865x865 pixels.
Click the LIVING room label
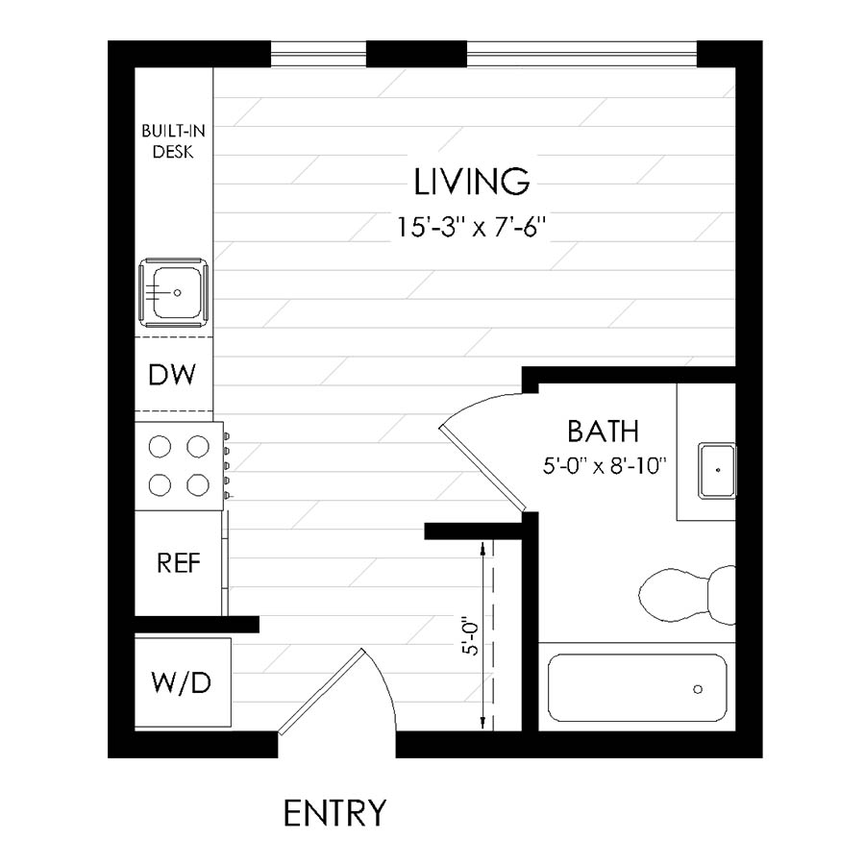[472, 180]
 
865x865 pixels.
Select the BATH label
[603, 431]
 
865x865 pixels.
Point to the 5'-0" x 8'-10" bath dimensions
[605, 466]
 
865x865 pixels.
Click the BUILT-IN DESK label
[173, 140]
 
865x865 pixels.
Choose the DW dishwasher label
[173, 375]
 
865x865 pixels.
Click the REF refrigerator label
[179, 563]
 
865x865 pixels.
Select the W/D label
[181, 683]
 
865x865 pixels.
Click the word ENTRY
[334, 813]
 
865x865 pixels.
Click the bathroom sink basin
[717, 470]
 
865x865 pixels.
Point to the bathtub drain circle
[698, 688]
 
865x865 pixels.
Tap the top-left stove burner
[160, 447]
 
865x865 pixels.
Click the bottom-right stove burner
[197, 485]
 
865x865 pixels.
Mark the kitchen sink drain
[177, 291]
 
